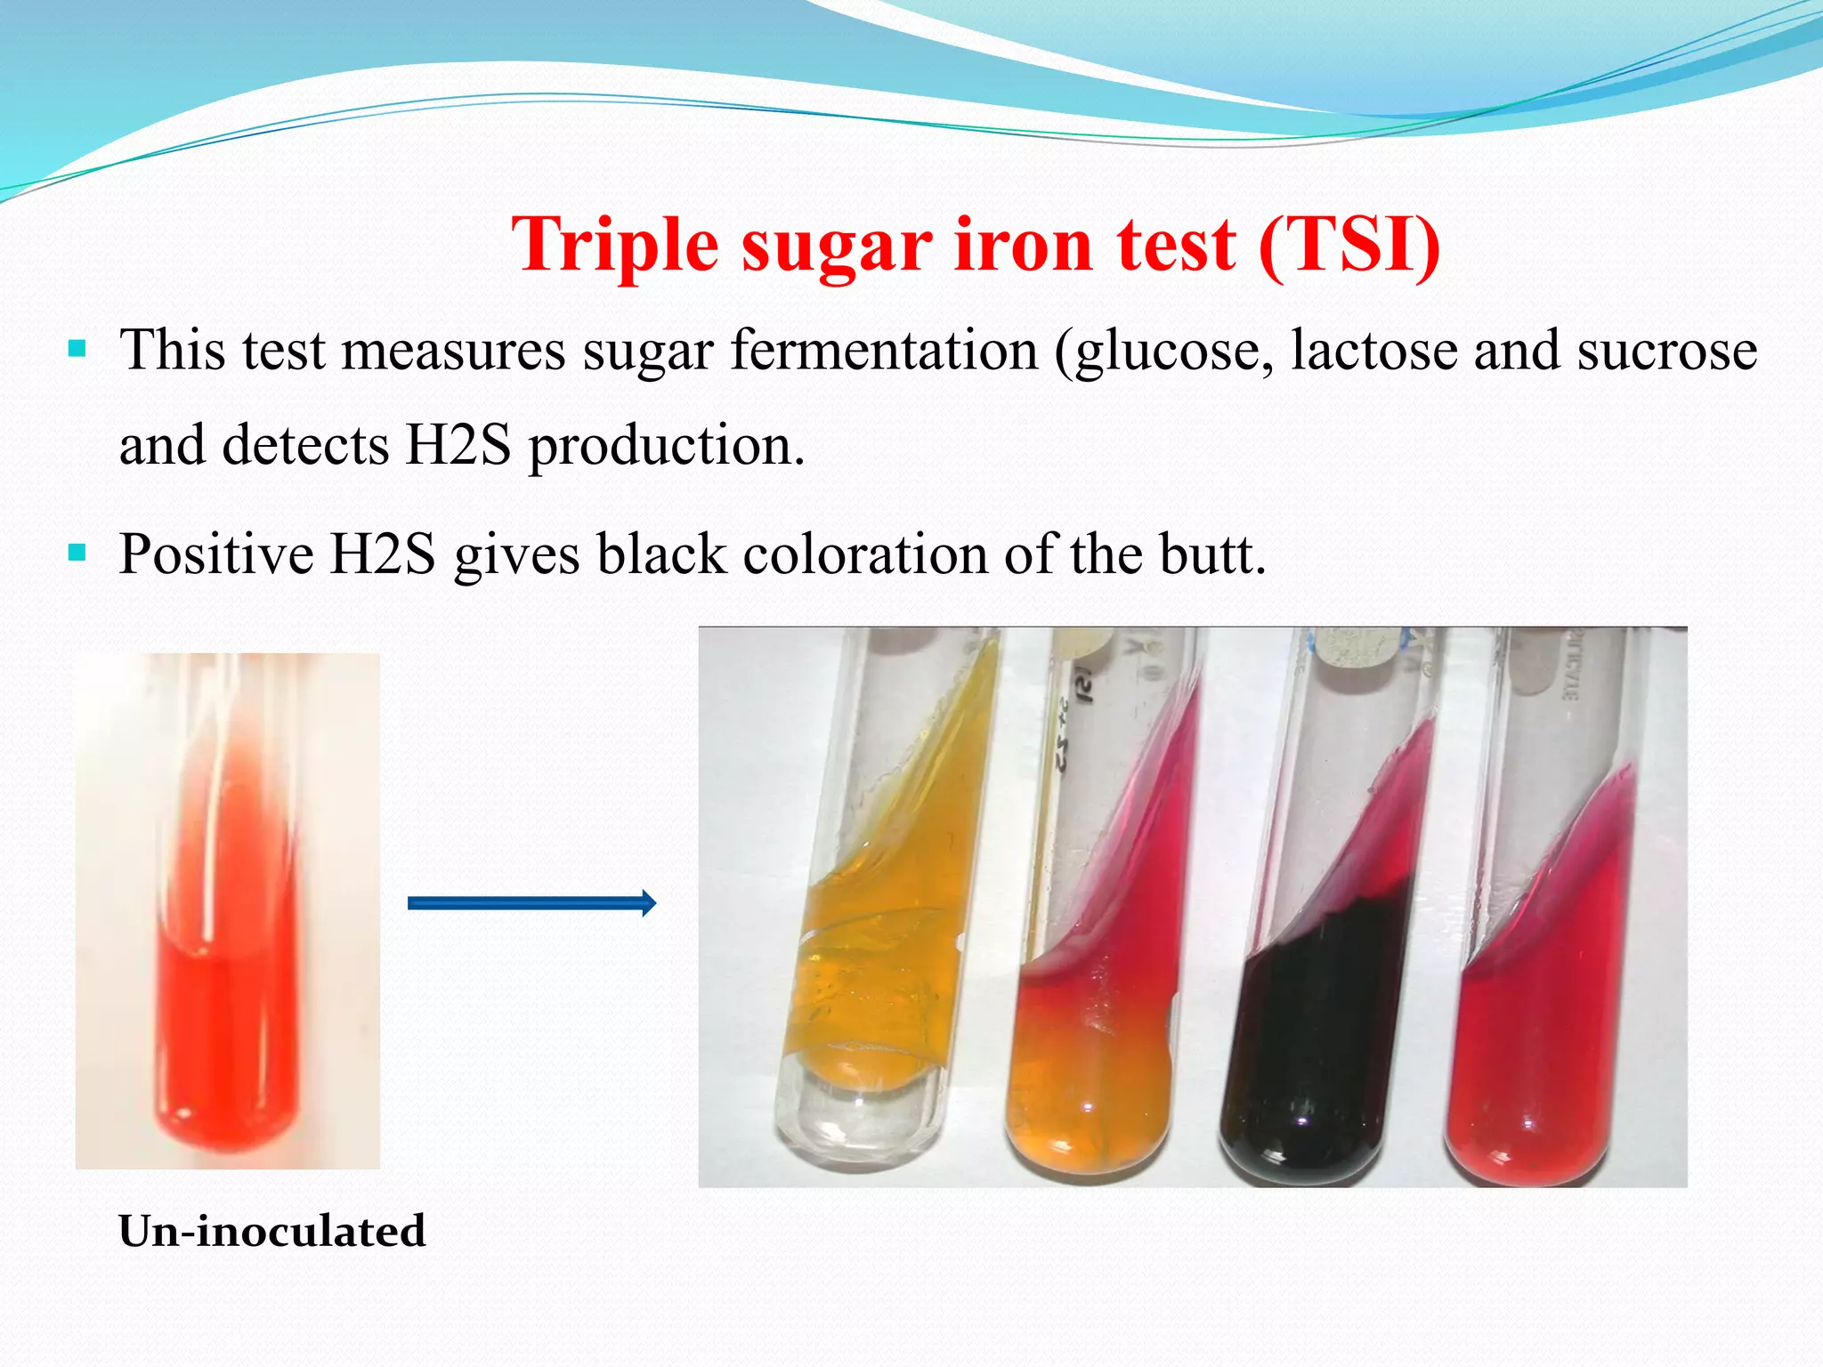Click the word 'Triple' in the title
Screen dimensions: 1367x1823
pos(614,246)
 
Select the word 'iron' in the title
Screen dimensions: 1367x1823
pos(1023,246)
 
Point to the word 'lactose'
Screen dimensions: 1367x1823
pos(1373,351)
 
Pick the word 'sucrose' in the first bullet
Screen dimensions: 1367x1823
pos(1667,351)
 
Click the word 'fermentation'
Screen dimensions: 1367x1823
pos(884,351)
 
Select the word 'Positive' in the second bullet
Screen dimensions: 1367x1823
pos(216,554)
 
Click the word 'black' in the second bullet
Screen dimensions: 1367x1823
pos(660,554)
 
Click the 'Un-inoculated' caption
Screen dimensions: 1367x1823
pos(272,1232)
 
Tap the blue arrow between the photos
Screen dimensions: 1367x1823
pos(531,903)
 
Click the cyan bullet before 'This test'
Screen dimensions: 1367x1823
pos(77,347)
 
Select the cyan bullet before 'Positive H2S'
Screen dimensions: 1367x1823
pos(77,553)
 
